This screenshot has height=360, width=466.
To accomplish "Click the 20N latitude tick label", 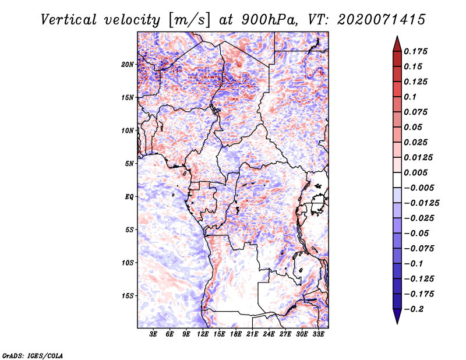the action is point(128,65).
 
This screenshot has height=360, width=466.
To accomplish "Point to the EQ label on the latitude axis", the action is point(129,197).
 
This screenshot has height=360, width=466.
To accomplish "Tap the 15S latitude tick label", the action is point(128,296).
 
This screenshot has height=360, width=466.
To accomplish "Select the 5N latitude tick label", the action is point(129,164).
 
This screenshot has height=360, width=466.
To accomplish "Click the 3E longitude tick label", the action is point(153,334).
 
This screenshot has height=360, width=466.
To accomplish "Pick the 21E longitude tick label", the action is point(252,334).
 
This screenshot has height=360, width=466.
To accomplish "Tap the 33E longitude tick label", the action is point(318,334).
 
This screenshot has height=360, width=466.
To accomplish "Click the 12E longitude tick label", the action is point(203,334).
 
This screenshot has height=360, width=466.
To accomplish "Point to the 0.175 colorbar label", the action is point(415,51).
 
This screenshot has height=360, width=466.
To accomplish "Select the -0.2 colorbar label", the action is point(414,309).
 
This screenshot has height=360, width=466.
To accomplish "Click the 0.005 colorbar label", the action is point(415,172).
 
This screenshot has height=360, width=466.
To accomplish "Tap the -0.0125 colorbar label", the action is point(421,203).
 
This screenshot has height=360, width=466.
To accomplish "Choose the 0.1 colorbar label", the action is point(410,97).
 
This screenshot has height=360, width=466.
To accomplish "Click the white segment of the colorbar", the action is point(397,180).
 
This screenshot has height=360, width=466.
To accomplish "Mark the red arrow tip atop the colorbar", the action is point(397,36).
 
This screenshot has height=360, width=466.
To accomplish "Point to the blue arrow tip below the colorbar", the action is point(397,323).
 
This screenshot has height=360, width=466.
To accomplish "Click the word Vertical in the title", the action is point(69,20).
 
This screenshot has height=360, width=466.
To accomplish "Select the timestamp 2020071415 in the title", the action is point(382,20).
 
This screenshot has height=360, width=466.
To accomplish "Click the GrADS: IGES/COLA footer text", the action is point(33,355).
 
